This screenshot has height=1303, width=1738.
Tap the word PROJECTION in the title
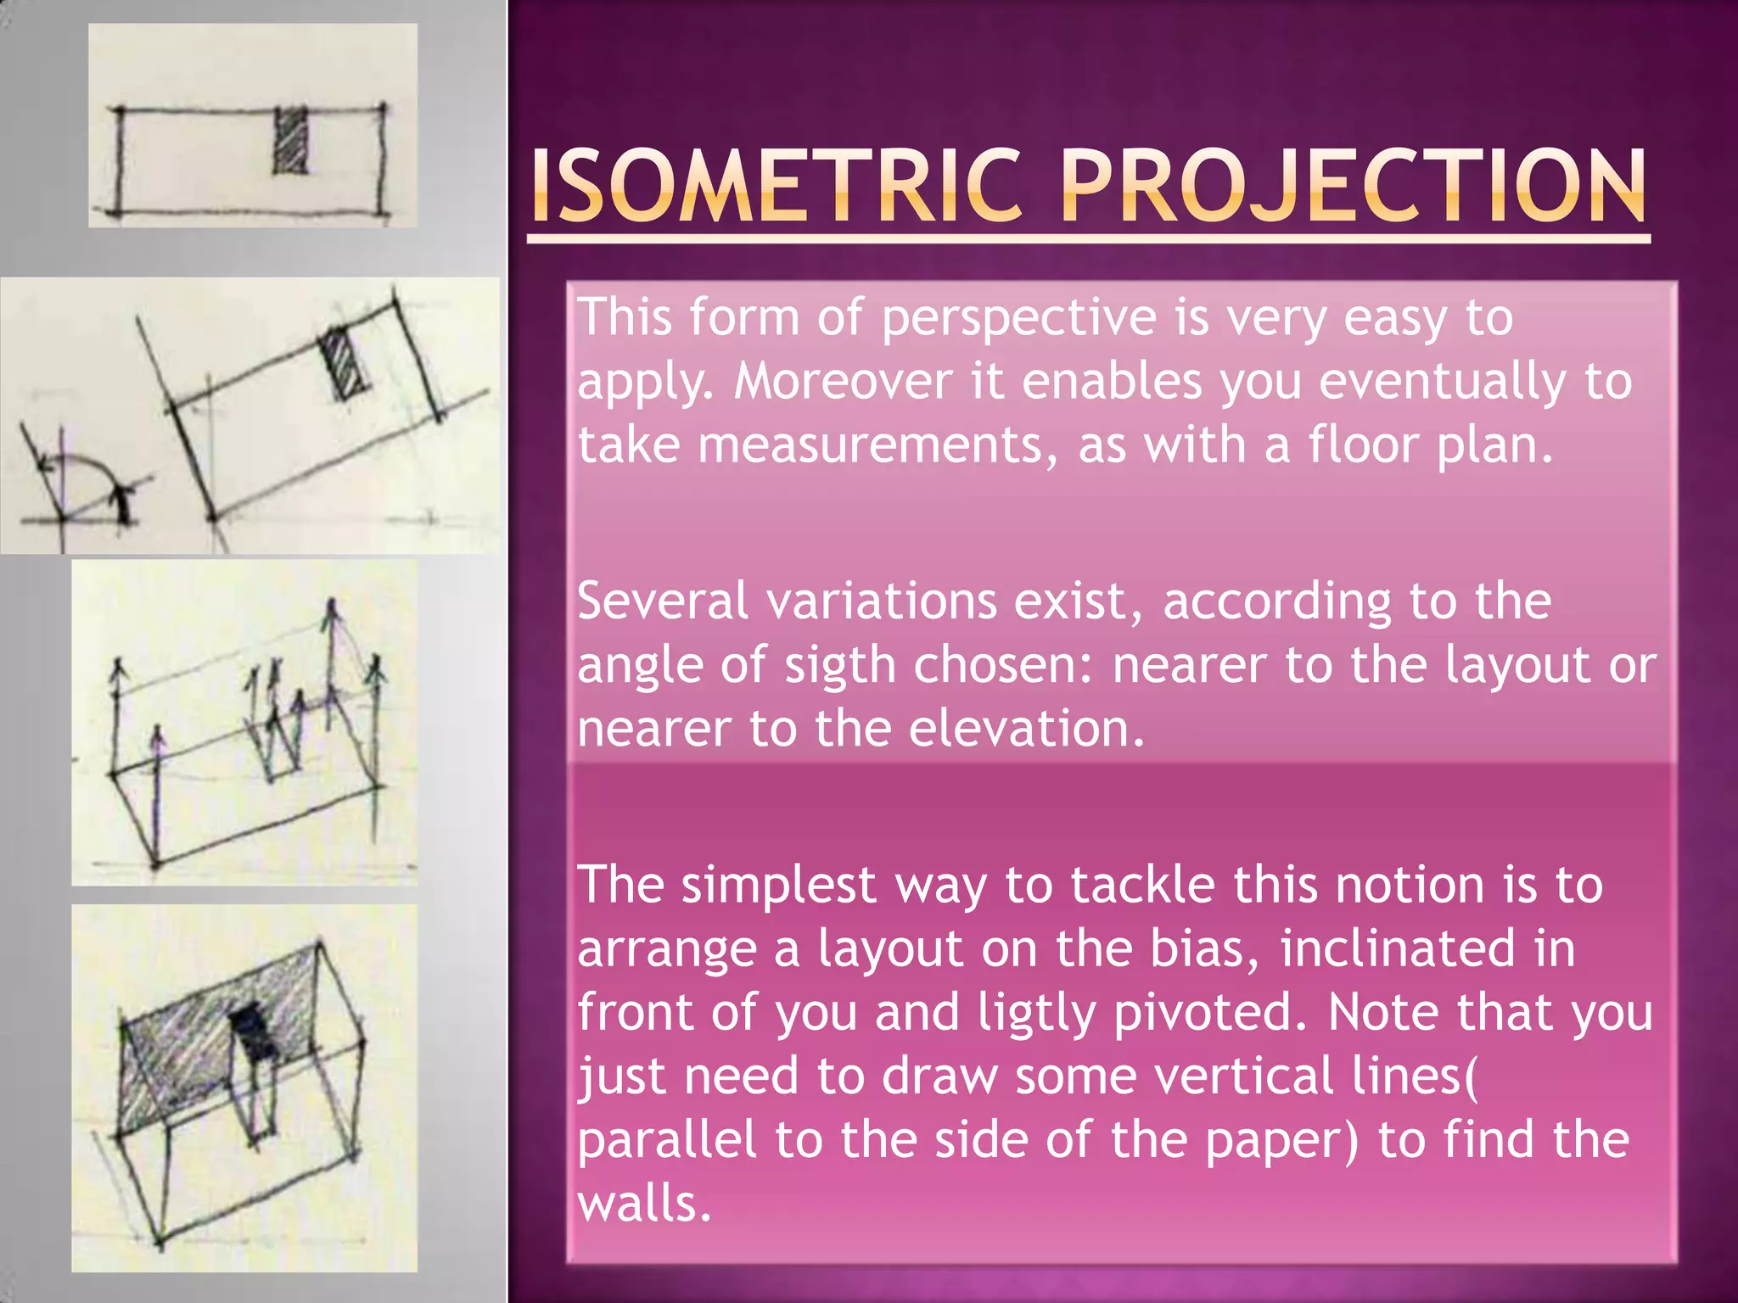click(x=1353, y=187)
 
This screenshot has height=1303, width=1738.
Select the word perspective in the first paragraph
click(x=1018, y=319)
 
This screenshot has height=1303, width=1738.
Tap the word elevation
click(x=1026, y=729)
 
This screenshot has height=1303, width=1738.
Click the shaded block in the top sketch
click(x=290, y=141)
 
